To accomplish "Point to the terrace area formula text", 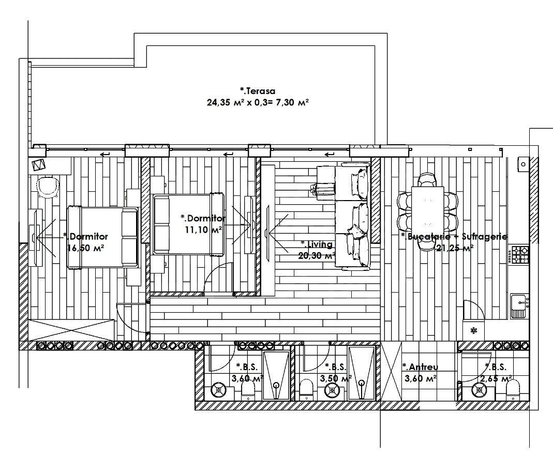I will point(258,102).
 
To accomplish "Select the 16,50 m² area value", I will point(85,248).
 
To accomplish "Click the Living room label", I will point(316,244).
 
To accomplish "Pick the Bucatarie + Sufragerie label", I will point(454,236).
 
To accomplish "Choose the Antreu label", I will point(420,367).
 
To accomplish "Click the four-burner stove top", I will point(519,253).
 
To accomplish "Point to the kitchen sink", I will point(518,306).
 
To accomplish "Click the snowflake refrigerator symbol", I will point(473,331).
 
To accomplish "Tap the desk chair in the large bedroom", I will point(48,186).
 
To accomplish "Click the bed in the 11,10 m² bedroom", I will point(189,224).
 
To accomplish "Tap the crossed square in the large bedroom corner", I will point(39,165).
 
